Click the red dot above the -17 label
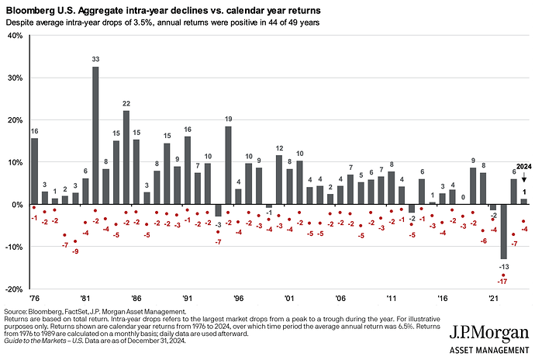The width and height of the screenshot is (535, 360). [503, 275]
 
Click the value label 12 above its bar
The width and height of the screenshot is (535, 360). [279, 148]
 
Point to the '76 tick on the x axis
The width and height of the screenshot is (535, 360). [34, 297]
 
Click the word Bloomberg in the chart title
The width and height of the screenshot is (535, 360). [33, 9]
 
